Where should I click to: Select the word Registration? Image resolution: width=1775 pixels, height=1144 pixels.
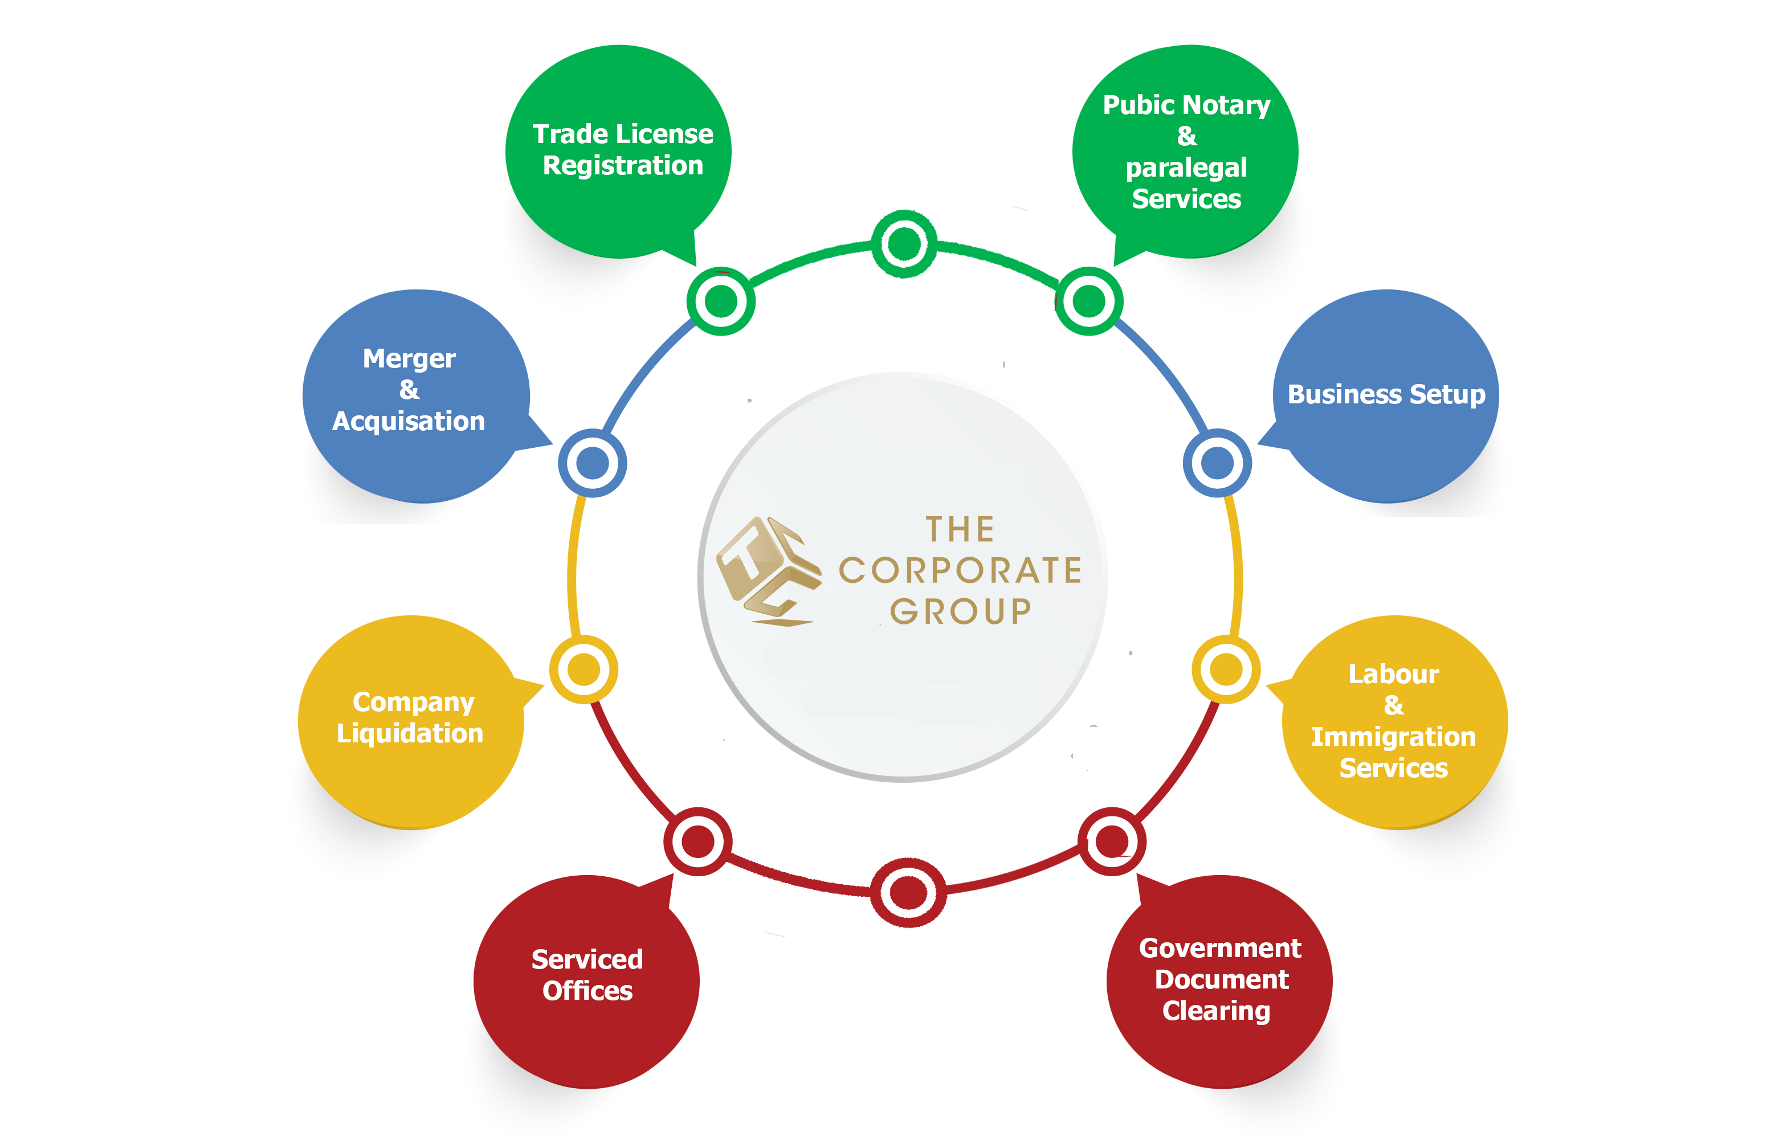coord(623,166)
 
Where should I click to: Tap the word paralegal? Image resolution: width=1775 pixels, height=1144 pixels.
coord(1186,169)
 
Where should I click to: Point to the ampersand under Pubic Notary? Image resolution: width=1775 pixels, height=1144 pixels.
coord(1186,137)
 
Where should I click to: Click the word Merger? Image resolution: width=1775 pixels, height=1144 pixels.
coord(409,359)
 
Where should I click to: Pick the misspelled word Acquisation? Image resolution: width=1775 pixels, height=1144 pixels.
coord(409,421)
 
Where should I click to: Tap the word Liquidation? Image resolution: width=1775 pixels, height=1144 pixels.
coord(410,734)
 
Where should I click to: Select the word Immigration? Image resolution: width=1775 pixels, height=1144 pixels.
coord(1393,737)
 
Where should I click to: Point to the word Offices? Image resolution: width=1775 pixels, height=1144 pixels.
coord(587,991)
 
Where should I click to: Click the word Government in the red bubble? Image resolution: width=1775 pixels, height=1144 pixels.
coord(1220,949)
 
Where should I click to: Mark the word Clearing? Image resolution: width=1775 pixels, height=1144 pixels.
coord(1216,1011)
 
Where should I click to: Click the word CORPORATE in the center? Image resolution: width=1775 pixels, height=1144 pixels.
coord(960,570)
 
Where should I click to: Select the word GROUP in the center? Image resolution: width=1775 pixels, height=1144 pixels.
coord(961,612)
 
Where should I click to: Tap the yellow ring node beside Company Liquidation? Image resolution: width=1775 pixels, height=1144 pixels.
coord(584,669)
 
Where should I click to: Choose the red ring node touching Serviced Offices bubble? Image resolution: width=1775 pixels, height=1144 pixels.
coord(697,841)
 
